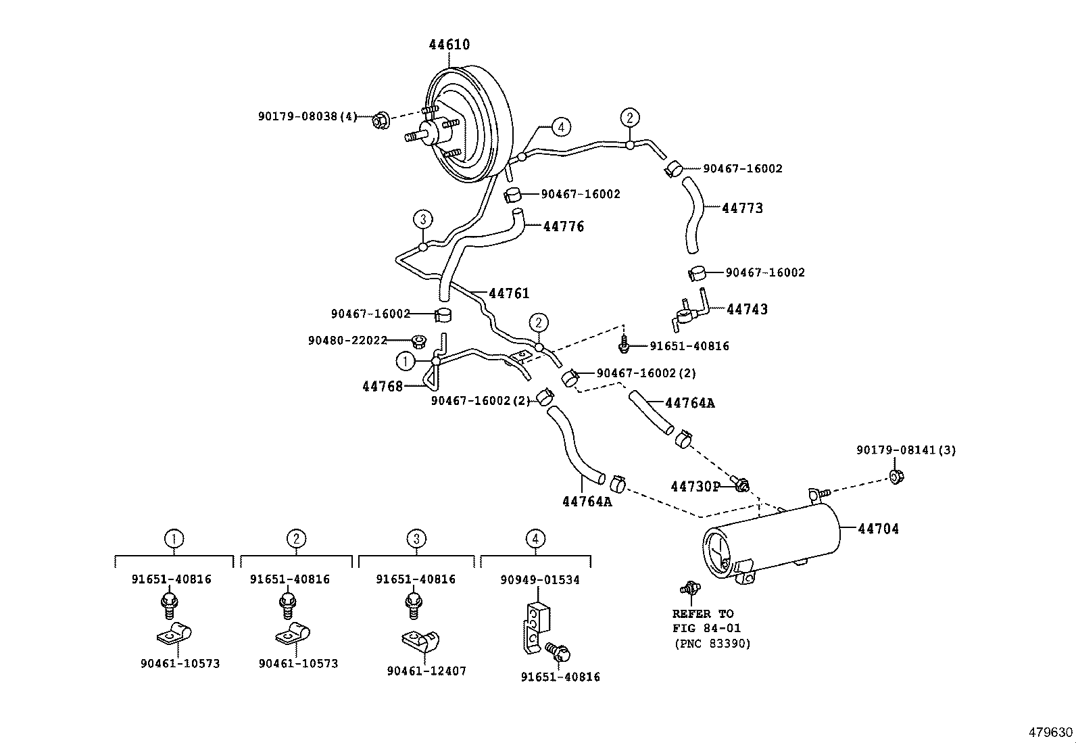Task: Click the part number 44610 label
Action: click(449, 45)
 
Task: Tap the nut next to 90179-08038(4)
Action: click(380, 122)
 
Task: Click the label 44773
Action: click(742, 208)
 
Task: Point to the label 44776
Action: click(564, 226)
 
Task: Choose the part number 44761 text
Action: click(509, 293)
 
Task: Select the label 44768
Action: click(382, 387)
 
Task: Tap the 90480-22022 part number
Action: click(347, 341)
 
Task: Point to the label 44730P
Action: click(695, 487)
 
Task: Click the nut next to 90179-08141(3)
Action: click(897, 477)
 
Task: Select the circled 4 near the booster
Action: click(560, 126)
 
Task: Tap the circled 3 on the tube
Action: click(422, 219)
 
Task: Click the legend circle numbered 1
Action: click(174, 539)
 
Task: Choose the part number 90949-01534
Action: click(540, 580)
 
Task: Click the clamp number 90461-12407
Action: click(426, 671)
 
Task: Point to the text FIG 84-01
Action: click(706, 629)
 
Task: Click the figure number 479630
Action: click(1050, 733)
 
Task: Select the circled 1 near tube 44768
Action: click(406, 361)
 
